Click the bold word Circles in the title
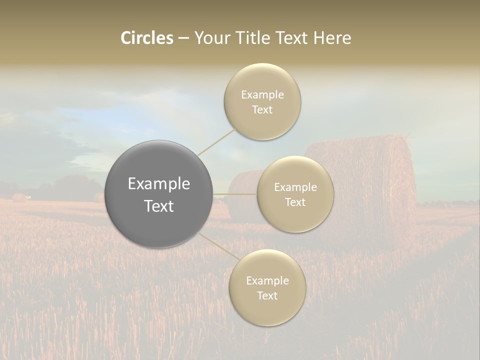146,38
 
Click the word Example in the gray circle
159,184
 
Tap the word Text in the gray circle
159,206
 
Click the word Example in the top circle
262,94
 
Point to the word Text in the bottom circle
267,295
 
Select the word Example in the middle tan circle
295,187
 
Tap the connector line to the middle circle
235,194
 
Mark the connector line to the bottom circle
218,246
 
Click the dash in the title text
183,38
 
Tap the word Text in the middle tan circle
295,202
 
